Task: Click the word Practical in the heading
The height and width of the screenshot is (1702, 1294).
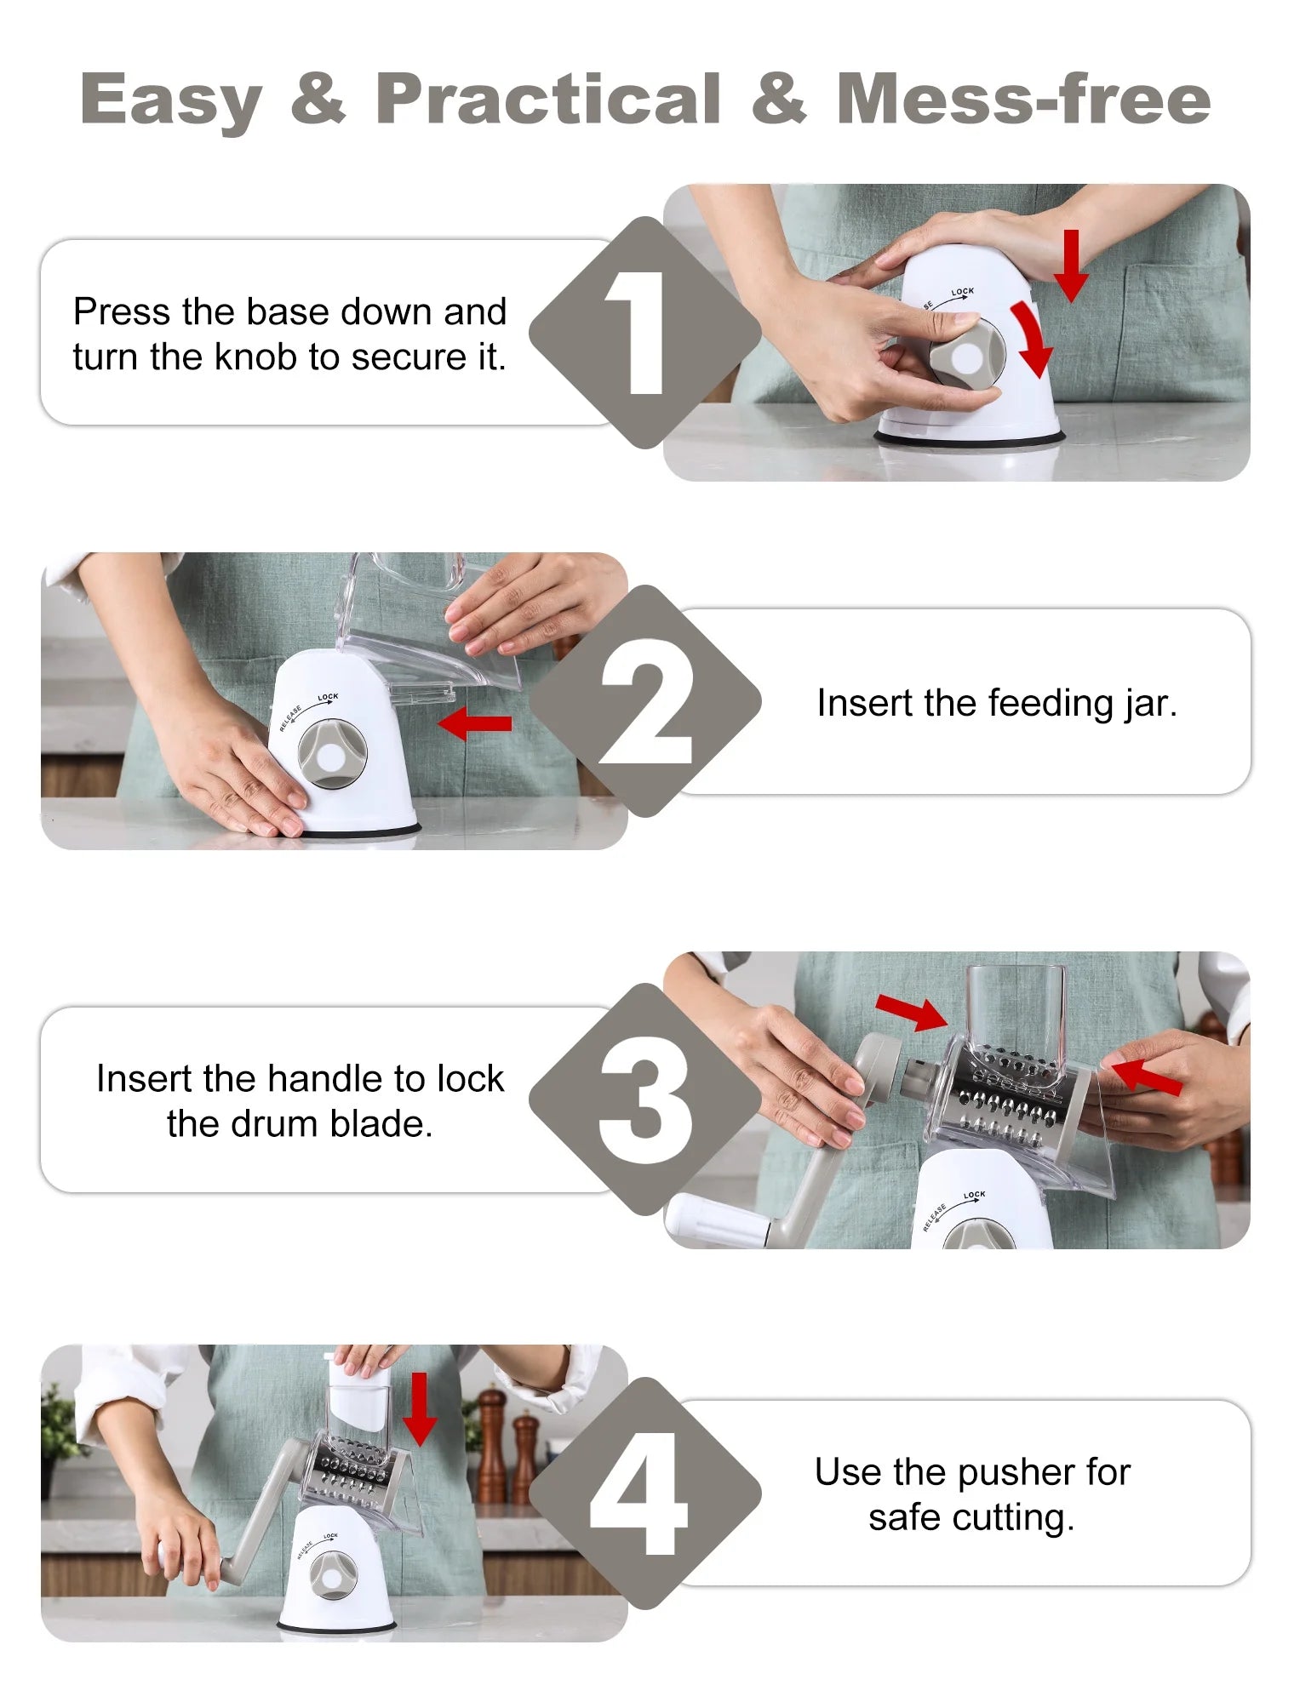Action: (549, 99)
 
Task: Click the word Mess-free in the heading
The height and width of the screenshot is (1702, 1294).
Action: (1023, 99)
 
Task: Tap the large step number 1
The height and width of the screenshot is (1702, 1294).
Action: (636, 333)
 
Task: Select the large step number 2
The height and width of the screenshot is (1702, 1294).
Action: (644, 702)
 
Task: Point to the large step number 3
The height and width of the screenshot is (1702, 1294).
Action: (644, 1099)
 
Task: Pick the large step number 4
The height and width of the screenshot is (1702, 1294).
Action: (638, 1494)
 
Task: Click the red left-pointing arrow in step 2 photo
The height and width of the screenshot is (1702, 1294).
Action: (475, 723)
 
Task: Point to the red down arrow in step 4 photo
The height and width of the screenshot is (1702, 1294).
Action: (419, 1409)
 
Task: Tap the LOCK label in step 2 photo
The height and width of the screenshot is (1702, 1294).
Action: (328, 697)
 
